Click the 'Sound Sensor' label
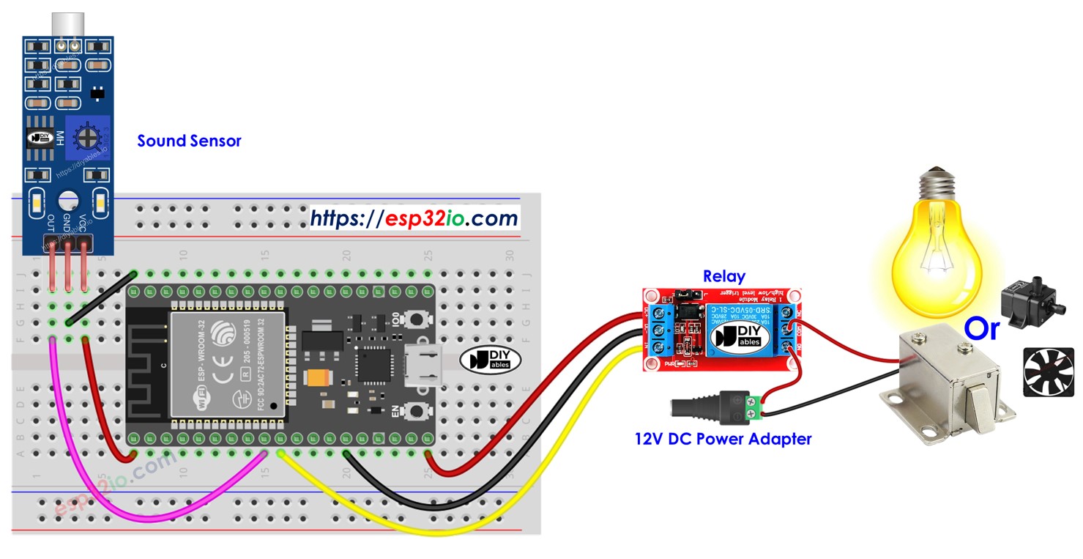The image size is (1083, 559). pyautogui.click(x=189, y=141)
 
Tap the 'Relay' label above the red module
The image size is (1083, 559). pyautogui.click(x=723, y=276)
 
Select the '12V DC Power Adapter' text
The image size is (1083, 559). pyautogui.click(x=723, y=439)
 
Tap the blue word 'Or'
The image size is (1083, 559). pyautogui.click(x=981, y=329)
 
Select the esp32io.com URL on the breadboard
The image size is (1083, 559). pyautogui.click(x=414, y=218)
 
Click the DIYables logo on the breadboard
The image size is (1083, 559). pyautogui.click(x=489, y=359)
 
